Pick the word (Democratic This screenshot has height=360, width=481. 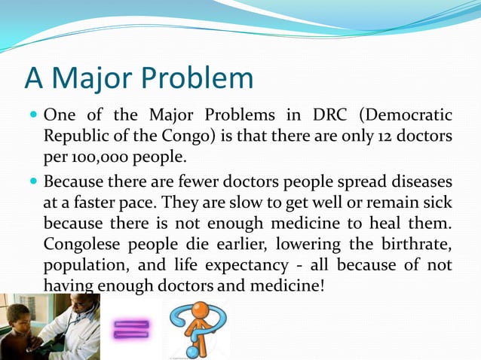[406, 116]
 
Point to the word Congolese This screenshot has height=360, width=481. [79, 245]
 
